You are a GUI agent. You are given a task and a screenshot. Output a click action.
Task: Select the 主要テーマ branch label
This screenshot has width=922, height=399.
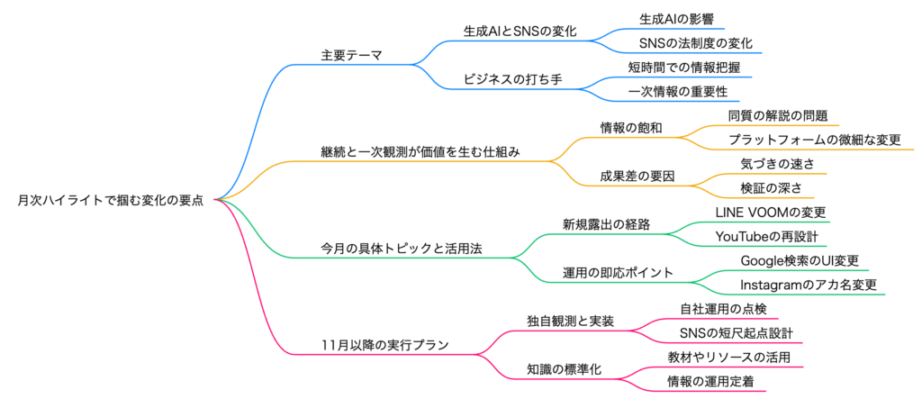click(351, 55)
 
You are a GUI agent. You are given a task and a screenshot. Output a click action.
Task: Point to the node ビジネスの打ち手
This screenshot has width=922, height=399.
click(512, 79)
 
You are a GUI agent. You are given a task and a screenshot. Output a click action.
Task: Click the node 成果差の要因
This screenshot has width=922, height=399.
click(637, 176)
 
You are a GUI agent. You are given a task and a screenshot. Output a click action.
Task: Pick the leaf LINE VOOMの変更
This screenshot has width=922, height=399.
click(771, 212)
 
